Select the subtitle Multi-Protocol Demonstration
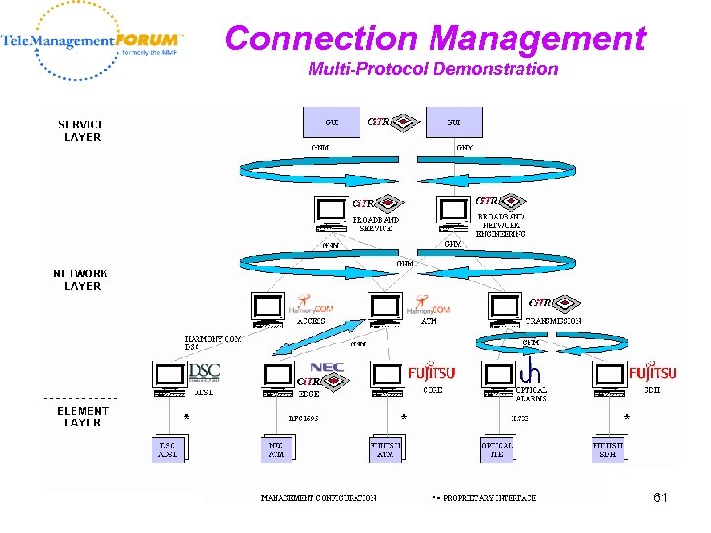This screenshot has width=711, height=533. click(433, 69)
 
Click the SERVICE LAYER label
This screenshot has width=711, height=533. click(80, 131)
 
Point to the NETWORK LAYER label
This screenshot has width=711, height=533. click(81, 279)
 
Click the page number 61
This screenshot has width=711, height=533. click(660, 497)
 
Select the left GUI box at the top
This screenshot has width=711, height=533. click(331, 121)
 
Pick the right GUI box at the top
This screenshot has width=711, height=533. click(454, 121)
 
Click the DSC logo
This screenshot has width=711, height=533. click(203, 372)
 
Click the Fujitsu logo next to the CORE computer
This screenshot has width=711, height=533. click(432, 373)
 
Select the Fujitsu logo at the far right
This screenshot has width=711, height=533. click(653, 373)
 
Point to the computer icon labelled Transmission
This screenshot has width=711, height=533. click(505, 309)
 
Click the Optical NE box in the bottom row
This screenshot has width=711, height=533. click(497, 449)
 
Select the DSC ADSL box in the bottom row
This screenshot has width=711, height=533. click(168, 449)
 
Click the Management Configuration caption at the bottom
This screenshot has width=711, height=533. click(317, 497)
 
